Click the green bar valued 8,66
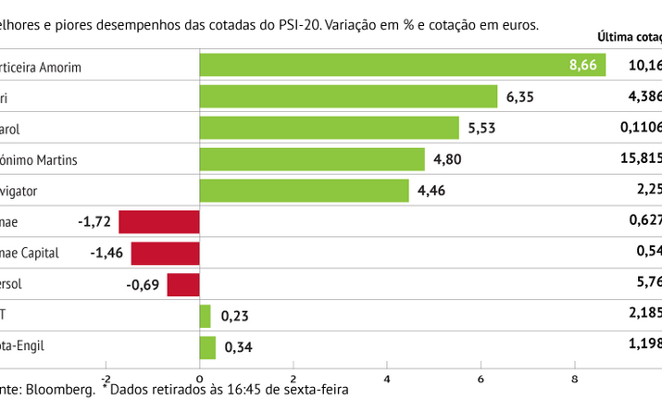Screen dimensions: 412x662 point(403,65)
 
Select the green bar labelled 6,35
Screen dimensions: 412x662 point(349,96)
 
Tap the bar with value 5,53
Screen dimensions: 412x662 point(330,128)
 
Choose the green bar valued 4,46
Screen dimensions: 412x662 point(305,191)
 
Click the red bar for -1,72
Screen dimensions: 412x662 point(159,222)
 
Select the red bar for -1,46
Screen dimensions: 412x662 point(166,254)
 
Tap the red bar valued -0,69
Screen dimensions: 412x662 point(183,284)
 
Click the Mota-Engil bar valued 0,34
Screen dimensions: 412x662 point(208,347)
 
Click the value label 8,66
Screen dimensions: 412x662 point(584,65)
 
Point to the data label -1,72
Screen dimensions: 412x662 point(95,222)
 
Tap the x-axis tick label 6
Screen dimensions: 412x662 point(481,379)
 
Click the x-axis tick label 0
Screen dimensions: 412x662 point(200,379)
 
